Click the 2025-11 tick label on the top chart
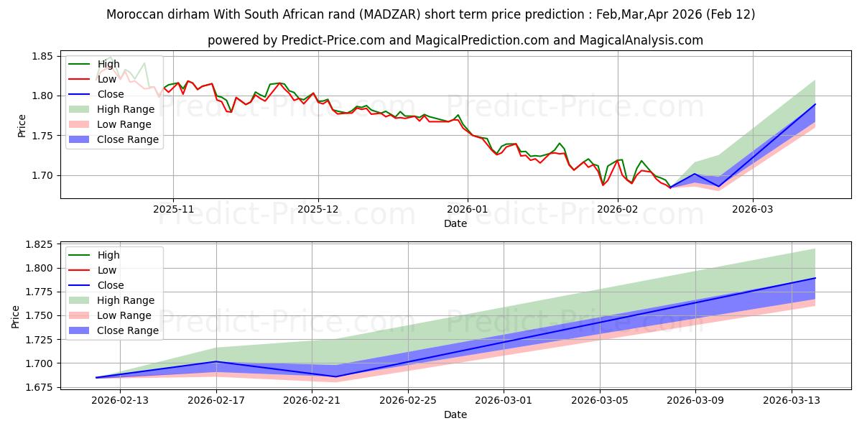172,210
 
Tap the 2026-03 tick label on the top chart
753,210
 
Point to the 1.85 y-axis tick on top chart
43,56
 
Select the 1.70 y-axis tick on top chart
43,175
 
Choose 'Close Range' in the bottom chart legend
128,330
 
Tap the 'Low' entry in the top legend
107,79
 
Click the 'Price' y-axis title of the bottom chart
16,315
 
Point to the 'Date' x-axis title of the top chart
455,223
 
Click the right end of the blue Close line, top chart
815,104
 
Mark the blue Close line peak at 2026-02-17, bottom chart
216,361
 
